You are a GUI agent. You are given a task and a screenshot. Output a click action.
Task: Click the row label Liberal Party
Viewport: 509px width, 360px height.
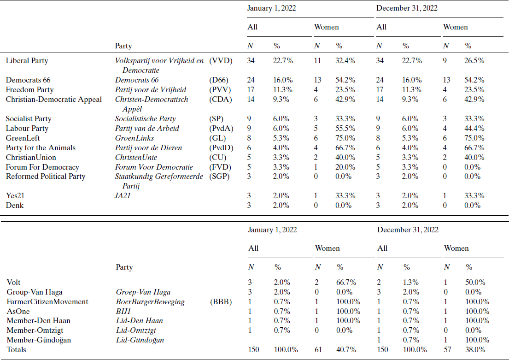27,60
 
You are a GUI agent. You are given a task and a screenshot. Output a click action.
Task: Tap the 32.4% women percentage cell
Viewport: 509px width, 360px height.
345,60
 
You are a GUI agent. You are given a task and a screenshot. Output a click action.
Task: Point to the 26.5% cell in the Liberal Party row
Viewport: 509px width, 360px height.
474,60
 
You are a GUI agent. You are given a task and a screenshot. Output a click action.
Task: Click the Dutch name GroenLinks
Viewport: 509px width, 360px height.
135,138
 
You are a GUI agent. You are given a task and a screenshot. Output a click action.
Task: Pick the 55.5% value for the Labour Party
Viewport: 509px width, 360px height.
345,129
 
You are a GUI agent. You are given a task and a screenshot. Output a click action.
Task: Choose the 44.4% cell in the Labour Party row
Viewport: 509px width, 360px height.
474,129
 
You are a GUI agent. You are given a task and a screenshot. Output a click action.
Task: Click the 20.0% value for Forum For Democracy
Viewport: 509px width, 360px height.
345,167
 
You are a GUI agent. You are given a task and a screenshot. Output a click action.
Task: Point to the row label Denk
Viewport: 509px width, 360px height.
14,205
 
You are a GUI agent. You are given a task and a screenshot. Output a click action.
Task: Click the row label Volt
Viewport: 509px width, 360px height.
14,282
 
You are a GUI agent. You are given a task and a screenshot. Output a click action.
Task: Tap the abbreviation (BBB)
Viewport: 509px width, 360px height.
221,301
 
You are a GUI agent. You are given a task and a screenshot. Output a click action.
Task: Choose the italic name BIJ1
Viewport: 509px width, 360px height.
123,311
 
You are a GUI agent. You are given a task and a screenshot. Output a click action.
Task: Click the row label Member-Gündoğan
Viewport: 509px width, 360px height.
35,340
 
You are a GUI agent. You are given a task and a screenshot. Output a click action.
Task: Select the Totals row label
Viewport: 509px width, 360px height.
17,349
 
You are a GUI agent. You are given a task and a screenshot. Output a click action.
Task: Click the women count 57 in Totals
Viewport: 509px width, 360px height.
447,349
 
